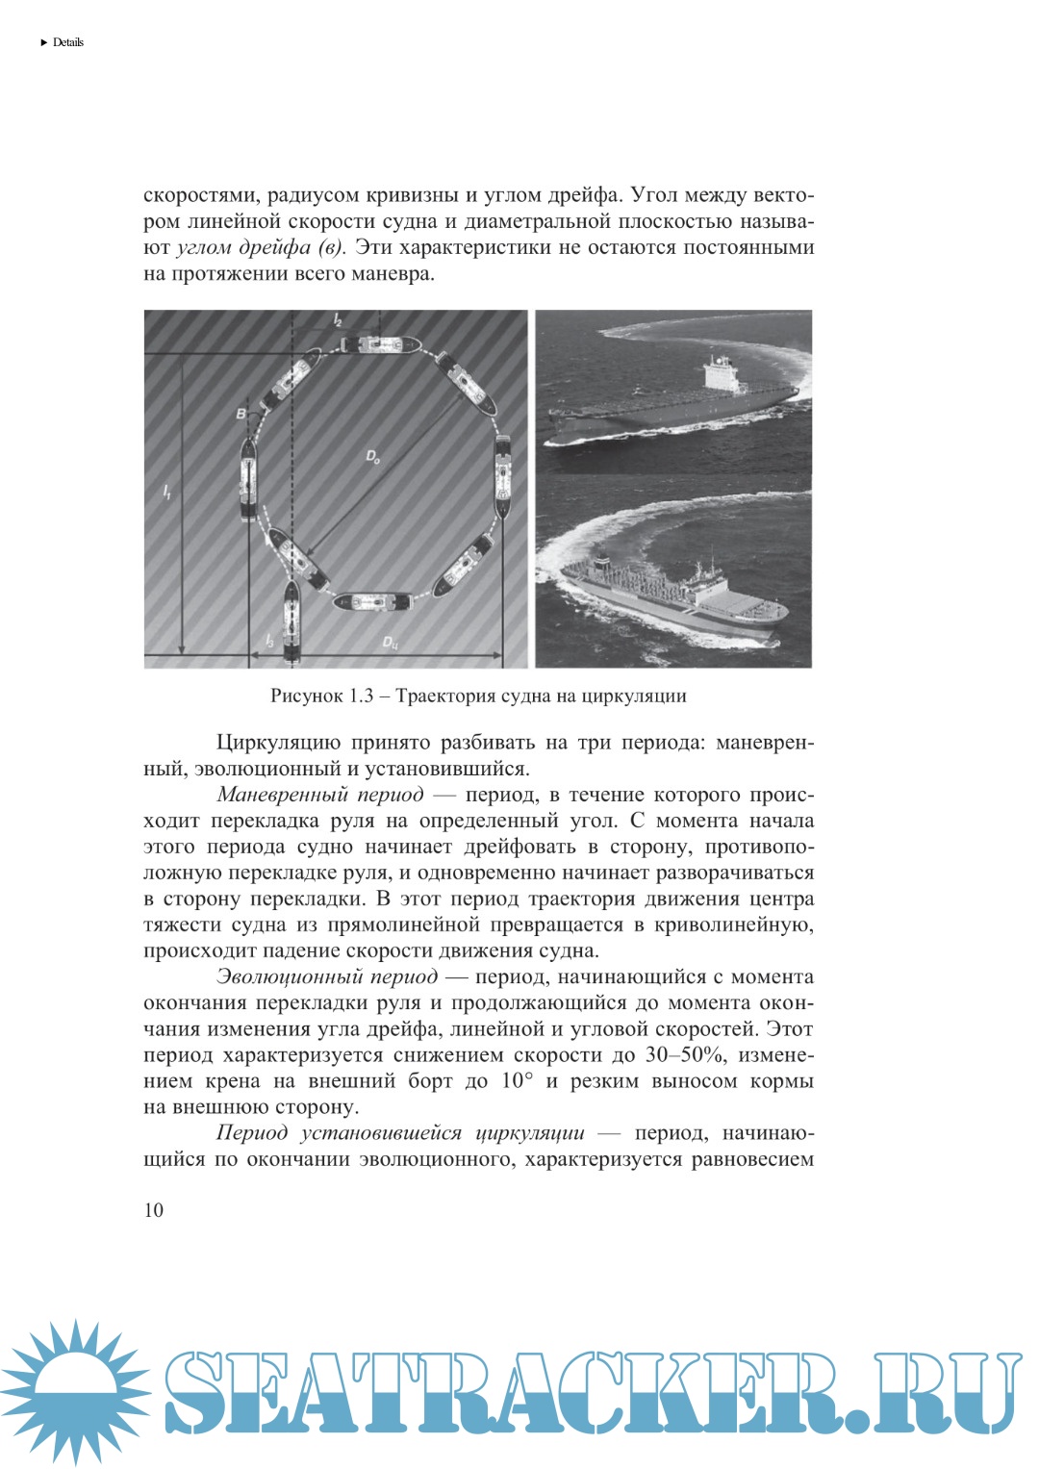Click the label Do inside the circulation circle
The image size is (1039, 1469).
click(373, 458)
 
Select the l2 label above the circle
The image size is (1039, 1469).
click(337, 320)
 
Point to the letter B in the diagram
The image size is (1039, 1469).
click(241, 414)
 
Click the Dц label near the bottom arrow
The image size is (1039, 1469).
click(390, 643)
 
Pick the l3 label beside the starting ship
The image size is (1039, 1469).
click(270, 640)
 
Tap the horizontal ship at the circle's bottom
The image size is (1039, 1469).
click(372, 602)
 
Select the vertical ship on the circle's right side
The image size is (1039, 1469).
click(503, 474)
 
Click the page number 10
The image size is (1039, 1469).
click(154, 1210)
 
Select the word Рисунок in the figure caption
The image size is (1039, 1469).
click(306, 696)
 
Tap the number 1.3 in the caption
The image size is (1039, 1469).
click(362, 696)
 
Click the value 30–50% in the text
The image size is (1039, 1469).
click(685, 1054)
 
